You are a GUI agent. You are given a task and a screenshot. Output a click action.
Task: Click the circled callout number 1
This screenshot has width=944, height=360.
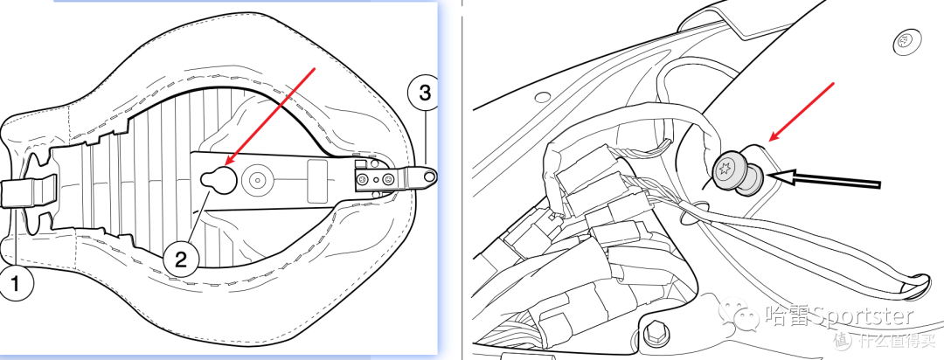[15, 281]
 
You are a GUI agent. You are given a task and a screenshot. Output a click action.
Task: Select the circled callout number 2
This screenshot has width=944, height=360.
[181, 259]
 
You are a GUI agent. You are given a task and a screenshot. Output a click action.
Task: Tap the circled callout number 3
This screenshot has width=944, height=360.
[424, 93]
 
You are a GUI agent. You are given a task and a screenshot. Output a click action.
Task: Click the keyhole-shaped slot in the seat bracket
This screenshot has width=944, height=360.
[218, 177]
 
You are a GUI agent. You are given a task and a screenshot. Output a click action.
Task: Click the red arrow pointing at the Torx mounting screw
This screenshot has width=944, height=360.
[802, 112]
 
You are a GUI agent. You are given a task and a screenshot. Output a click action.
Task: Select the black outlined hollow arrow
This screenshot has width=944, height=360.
[825, 179]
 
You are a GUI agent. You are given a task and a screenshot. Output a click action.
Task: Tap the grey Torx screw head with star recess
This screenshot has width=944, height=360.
[726, 170]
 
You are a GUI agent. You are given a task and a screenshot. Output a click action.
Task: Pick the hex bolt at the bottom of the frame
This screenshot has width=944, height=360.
[653, 332]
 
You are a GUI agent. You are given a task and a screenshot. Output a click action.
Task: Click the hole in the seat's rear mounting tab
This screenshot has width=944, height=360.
[428, 176]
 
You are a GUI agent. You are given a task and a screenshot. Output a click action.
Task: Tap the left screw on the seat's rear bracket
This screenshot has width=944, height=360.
[364, 178]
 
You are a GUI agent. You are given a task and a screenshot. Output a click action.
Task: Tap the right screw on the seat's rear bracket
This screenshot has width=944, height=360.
[389, 178]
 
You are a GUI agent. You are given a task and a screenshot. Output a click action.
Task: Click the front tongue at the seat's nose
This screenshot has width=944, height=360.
[27, 191]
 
